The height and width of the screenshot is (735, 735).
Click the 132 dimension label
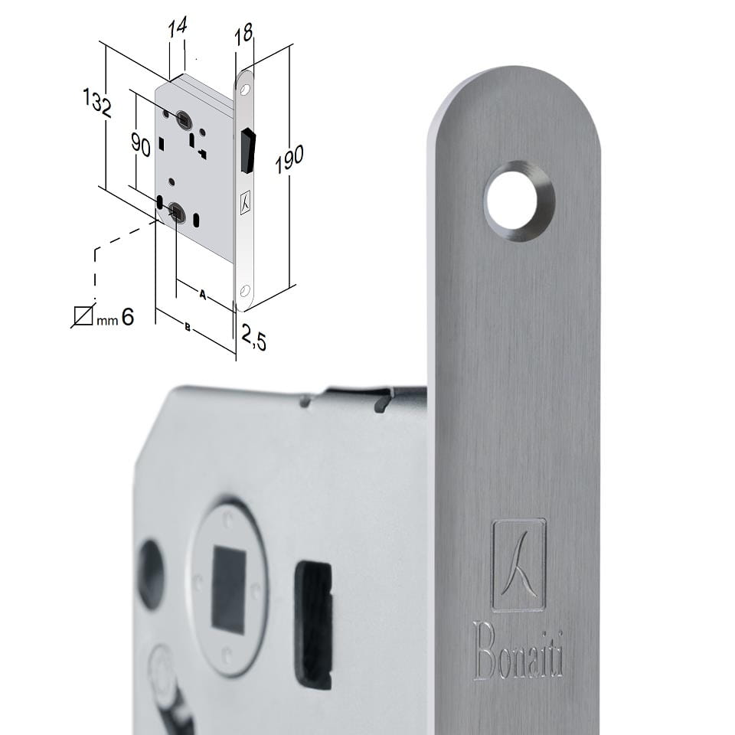point(97,103)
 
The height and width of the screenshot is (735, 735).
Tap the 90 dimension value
point(141,145)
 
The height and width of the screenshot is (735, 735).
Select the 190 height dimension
point(289,159)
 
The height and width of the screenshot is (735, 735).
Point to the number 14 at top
point(178,28)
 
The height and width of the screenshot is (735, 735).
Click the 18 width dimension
point(243,34)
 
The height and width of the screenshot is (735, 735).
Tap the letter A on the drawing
point(202,294)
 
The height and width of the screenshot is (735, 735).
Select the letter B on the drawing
point(188,327)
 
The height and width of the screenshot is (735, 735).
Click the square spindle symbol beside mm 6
point(83,315)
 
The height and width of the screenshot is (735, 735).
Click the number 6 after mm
point(128,317)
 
